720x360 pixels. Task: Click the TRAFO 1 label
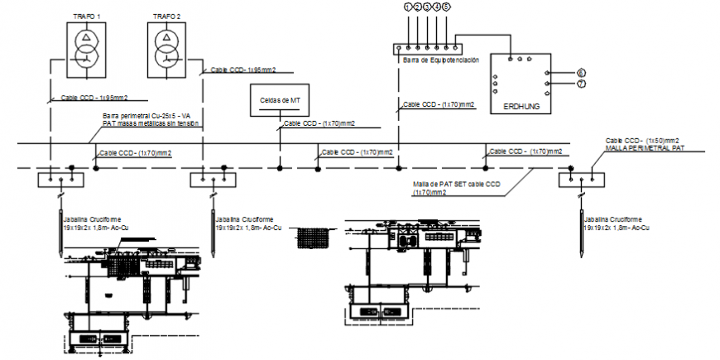click(x=87, y=16)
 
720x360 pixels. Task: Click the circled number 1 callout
click(x=407, y=7)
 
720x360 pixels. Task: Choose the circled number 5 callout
click(x=446, y=7)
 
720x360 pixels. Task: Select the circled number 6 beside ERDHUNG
click(x=581, y=73)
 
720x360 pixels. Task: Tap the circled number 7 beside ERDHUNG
click(x=581, y=84)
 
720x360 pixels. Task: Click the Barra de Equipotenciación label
click(x=440, y=60)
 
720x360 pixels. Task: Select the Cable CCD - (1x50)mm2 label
click(x=642, y=141)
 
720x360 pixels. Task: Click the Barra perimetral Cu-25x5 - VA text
click(x=146, y=116)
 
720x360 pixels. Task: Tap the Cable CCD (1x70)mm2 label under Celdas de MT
click(x=319, y=123)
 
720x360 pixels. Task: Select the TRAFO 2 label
click(x=167, y=16)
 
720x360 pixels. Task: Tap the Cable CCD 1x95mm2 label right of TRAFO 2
click(x=243, y=70)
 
